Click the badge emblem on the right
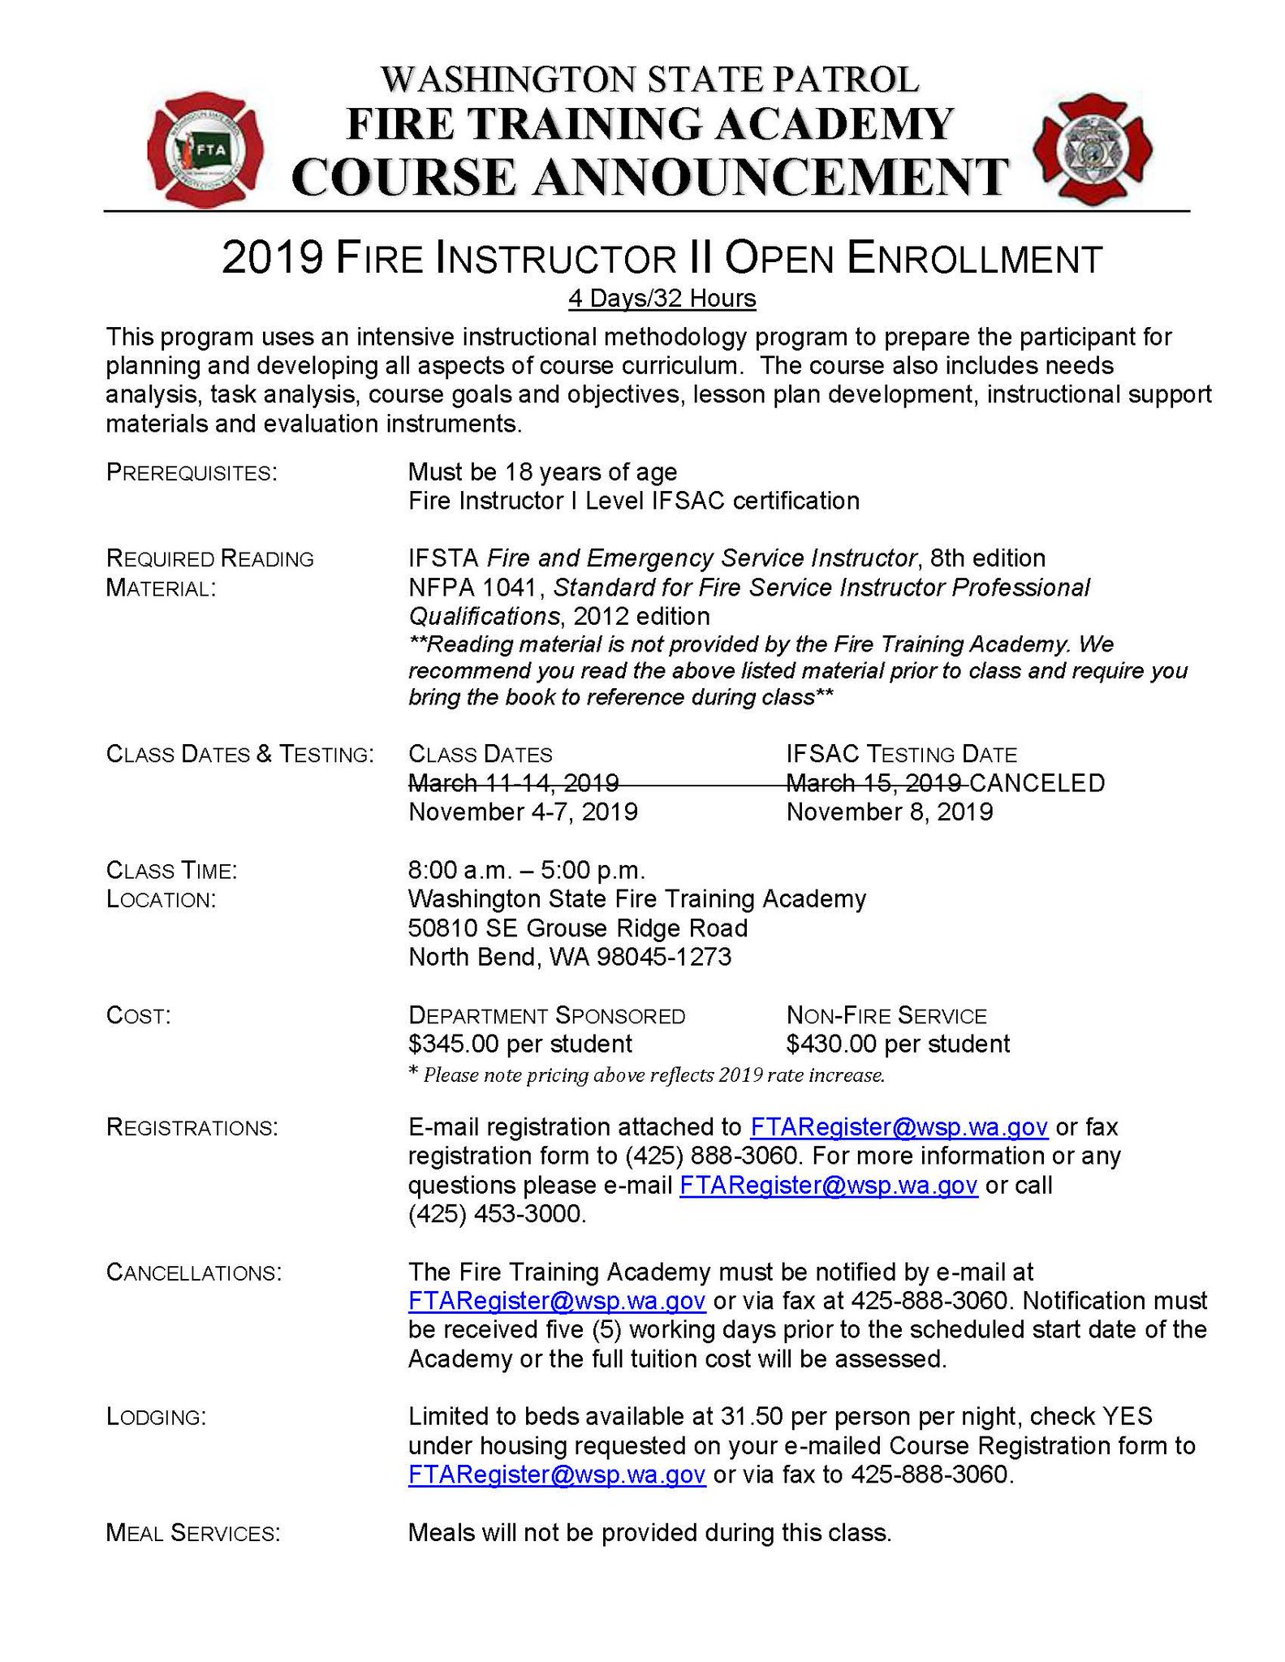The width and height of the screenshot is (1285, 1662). tap(1092, 149)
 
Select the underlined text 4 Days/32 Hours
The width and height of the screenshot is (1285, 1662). tap(662, 299)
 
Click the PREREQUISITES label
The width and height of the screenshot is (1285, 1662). tap(192, 472)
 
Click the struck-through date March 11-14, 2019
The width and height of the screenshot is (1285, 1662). tap(513, 783)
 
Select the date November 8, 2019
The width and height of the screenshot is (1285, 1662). tap(889, 812)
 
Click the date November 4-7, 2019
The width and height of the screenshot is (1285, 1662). tap(523, 812)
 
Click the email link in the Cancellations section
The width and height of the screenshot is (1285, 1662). tap(556, 1301)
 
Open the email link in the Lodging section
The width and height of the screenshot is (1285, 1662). tap(556, 1475)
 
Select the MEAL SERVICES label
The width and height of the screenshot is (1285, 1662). tap(193, 1533)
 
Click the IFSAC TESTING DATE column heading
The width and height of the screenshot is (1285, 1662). tap(901, 755)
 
